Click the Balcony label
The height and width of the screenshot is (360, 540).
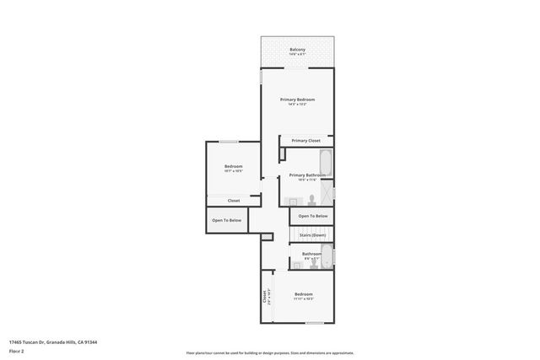coord(297,51)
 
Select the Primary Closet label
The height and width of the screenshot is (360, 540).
coord(305,141)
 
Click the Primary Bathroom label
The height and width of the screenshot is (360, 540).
coord(306,176)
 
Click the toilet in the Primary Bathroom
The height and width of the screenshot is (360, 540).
coord(311,200)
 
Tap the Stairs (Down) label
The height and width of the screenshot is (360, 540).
coord(312,235)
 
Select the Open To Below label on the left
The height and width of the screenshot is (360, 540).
coord(227,220)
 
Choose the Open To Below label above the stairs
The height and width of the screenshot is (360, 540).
coord(312,217)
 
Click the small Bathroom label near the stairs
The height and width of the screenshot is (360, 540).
coord(312,254)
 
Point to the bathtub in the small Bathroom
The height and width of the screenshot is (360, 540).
coord(327,254)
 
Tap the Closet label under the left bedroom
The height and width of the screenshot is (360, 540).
coord(234,201)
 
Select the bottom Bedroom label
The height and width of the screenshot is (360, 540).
coord(304,294)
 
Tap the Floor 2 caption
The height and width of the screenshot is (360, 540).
coord(17,352)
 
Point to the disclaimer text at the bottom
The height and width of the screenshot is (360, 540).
coord(270,352)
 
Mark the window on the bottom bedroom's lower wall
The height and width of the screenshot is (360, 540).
coord(314,323)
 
